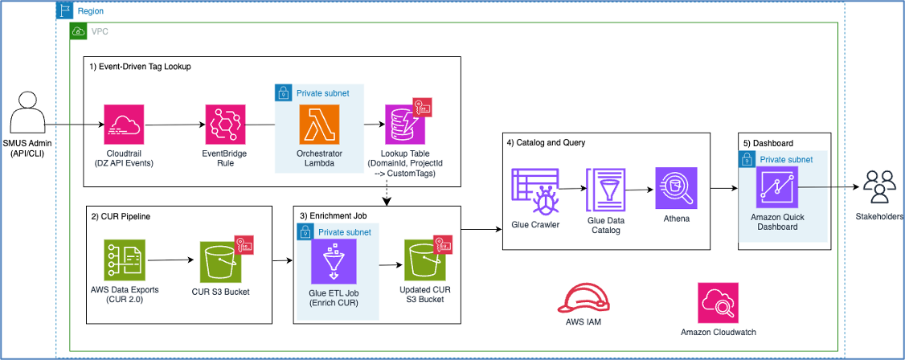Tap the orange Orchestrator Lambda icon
(319, 125)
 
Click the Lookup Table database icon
(404, 124)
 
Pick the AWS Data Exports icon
(125, 261)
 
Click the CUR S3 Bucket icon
(220, 261)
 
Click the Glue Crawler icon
(534, 190)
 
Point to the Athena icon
(676, 188)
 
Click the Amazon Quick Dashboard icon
(777, 187)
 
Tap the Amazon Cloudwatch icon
(718, 302)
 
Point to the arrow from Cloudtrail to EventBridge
(175, 125)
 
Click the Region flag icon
(64, 11)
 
